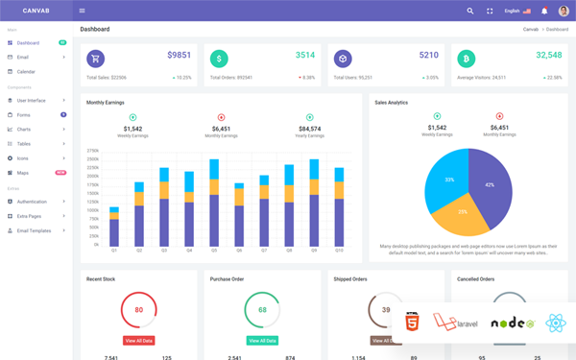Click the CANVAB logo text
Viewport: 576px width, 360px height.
35,11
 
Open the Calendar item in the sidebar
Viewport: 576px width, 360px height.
26,72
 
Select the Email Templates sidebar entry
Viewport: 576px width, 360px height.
34,230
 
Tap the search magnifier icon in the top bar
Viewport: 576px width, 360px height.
470,11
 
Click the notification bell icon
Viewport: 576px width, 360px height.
544,11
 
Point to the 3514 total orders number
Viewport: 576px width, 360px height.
305,56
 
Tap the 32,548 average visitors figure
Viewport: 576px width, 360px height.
549,56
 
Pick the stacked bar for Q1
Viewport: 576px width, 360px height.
114,228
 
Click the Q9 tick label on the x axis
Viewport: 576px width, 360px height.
314,251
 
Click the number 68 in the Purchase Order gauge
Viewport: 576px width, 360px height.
262,310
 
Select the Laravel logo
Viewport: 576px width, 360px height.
455,323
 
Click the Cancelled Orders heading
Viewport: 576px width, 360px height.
476,279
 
